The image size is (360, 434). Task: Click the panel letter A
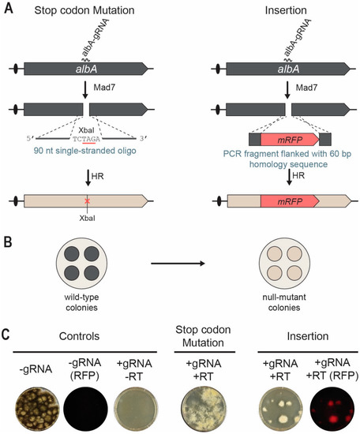[x=9, y=9]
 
